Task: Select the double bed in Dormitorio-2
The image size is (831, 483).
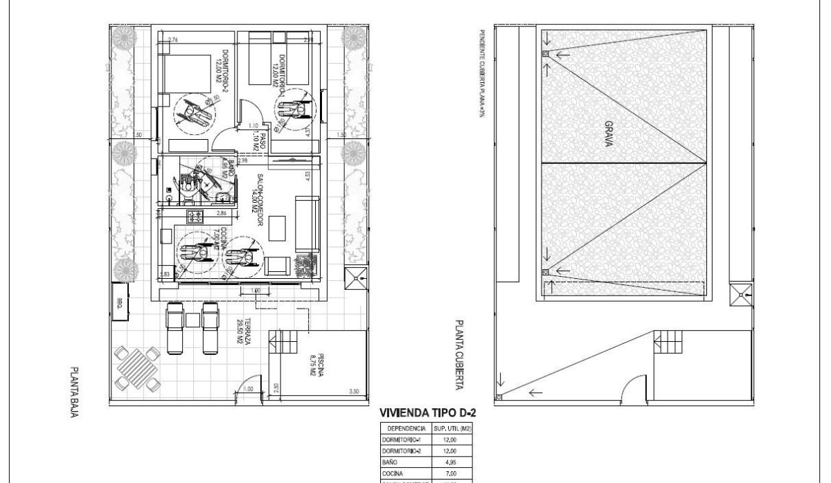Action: point(186,73)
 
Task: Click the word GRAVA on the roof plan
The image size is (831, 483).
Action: point(614,131)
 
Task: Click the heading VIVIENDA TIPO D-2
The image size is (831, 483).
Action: point(425,414)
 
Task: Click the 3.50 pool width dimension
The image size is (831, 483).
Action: point(355,392)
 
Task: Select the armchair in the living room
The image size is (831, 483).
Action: point(278,265)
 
